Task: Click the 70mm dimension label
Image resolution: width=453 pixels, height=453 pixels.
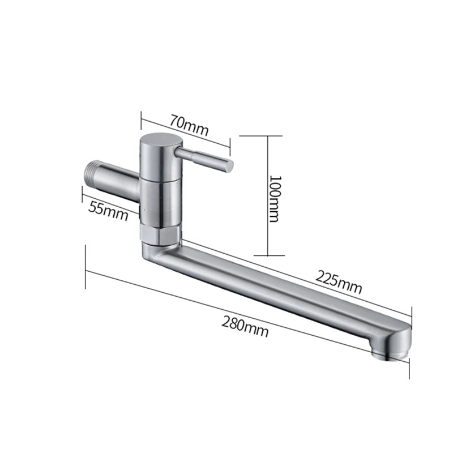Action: click(189, 125)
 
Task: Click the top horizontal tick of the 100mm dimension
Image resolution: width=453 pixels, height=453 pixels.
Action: click(261, 135)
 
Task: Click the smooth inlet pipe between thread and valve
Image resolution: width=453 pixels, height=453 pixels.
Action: click(122, 181)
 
